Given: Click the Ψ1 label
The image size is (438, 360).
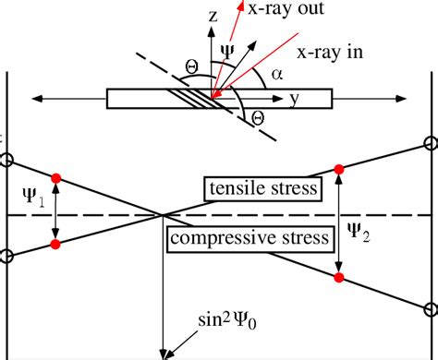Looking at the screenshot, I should [x=32, y=197].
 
